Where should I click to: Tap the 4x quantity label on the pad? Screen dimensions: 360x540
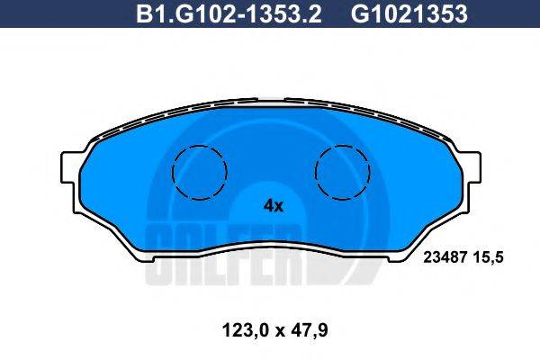click(x=273, y=205)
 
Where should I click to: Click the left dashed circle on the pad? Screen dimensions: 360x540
click(x=199, y=172)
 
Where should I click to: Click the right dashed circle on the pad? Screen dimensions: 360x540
click(x=343, y=172)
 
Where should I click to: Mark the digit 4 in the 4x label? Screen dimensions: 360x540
click(x=267, y=205)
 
